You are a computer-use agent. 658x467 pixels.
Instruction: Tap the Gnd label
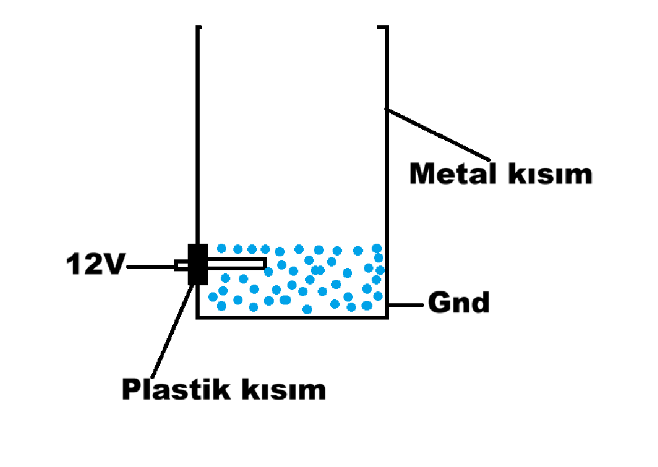(458, 303)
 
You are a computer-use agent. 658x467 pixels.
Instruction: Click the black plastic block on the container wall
(198, 264)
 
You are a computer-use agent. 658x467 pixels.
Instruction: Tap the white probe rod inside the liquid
(237, 263)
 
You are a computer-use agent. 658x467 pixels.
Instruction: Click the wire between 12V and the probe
(150, 265)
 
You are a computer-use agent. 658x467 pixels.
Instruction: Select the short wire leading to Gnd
(407, 305)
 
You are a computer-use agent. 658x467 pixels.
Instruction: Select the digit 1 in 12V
(74, 265)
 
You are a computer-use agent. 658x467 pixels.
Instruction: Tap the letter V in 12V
(114, 265)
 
